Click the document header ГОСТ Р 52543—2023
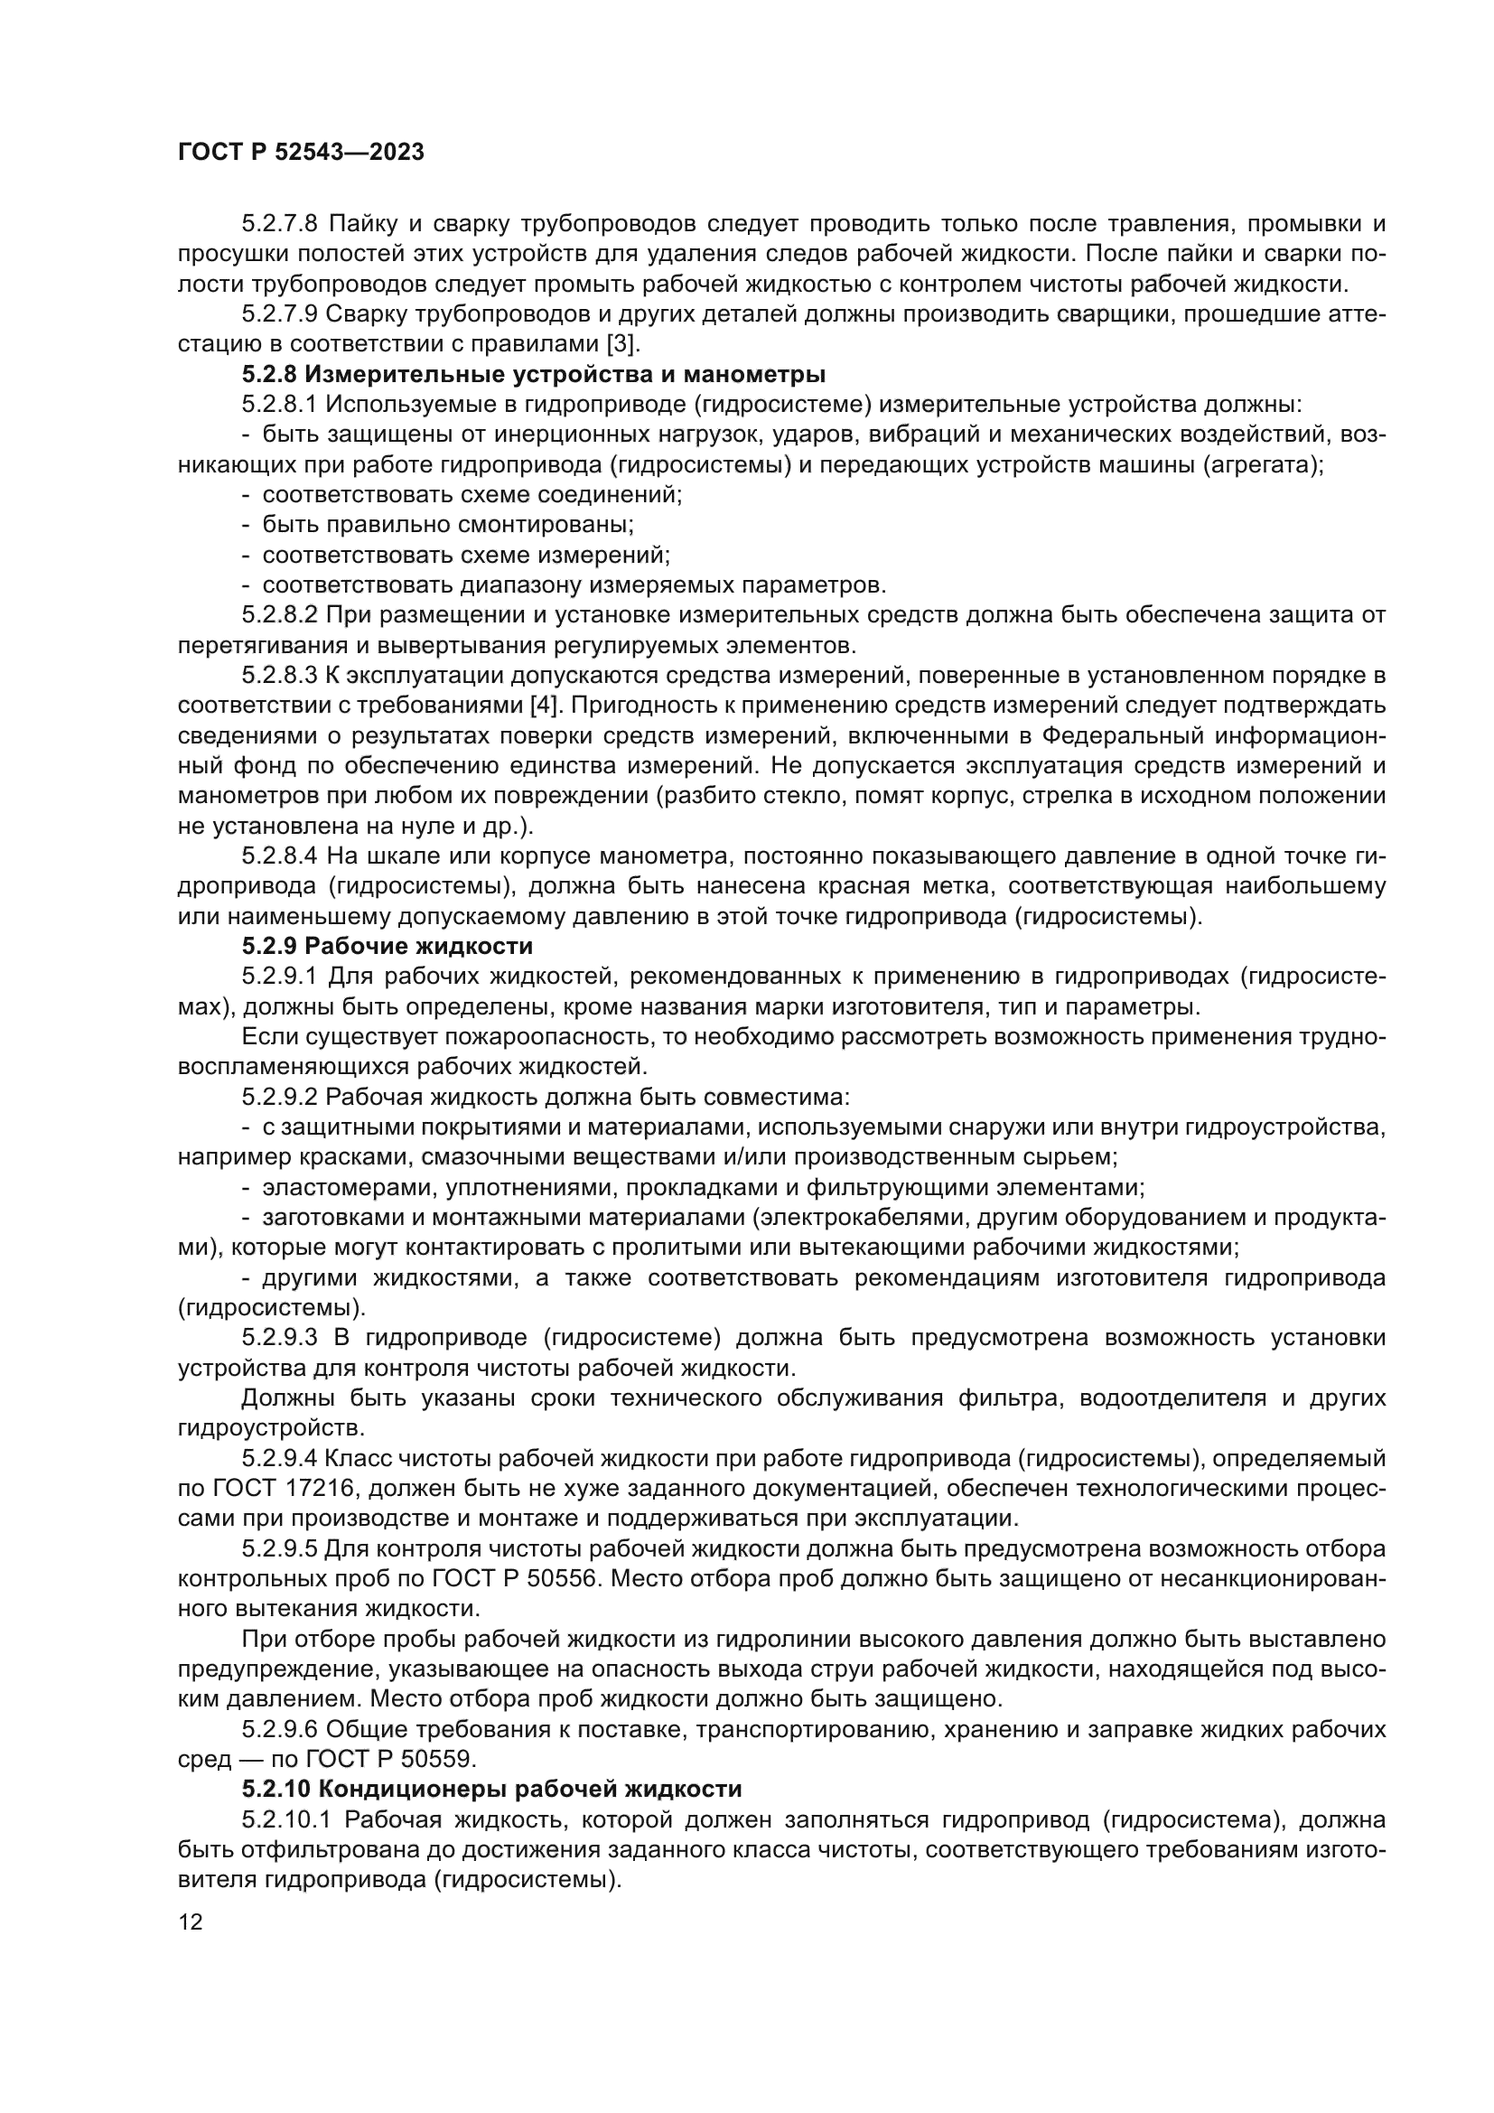pyautogui.click(x=301, y=153)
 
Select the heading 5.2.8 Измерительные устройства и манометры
pyautogui.click(x=534, y=375)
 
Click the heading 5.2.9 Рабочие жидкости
pyautogui.click(x=388, y=946)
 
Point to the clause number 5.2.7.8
pyautogui.click(x=280, y=224)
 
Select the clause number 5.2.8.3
pyautogui.click(x=280, y=676)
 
